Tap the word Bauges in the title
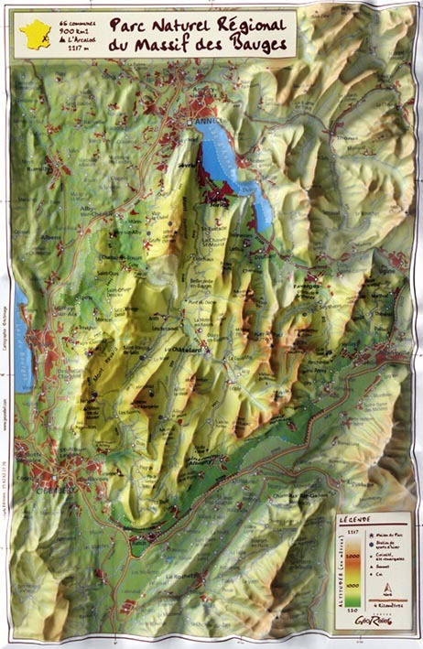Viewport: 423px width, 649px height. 259,45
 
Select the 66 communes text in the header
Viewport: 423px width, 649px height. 75,18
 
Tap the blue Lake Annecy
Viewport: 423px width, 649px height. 224,160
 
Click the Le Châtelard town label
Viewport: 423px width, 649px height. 182,351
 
